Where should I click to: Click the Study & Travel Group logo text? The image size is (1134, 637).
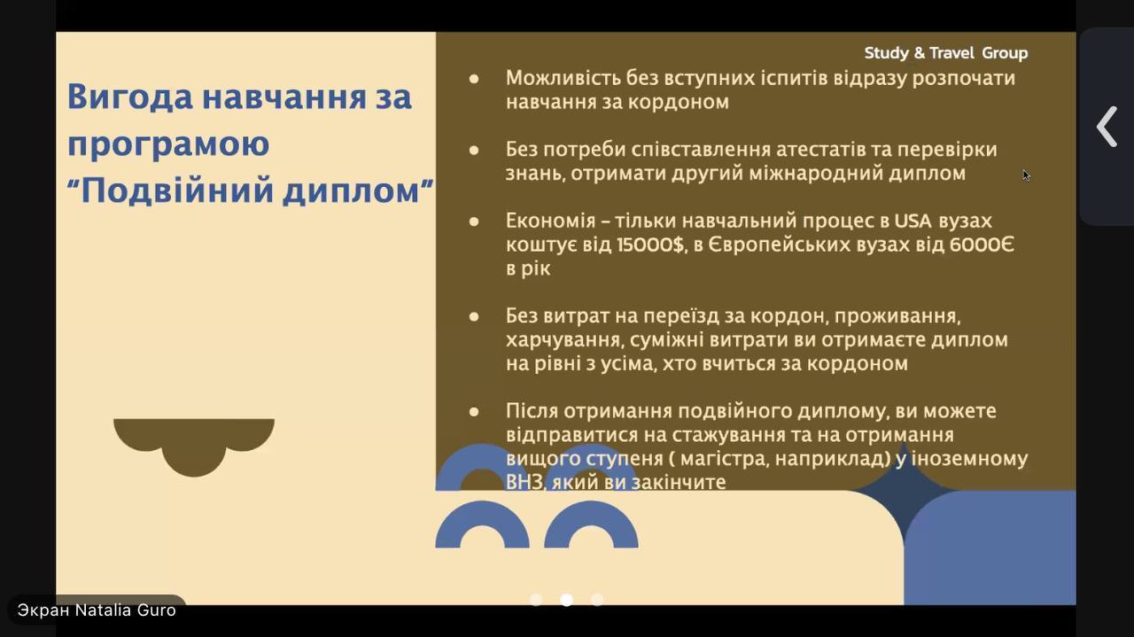click(945, 52)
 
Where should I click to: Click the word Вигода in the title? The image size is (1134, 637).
click(130, 97)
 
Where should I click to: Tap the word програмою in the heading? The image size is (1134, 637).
click(168, 144)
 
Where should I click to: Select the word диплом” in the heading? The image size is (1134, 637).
click(358, 191)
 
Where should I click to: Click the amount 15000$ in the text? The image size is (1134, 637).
click(651, 245)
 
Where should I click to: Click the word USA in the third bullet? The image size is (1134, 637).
click(913, 221)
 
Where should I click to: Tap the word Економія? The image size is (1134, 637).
click(551, 221)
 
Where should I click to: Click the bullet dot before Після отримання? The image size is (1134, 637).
click(474, 412)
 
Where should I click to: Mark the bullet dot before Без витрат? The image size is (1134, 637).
click(474, 317)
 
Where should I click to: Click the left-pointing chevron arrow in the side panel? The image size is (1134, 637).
click(1107, 127)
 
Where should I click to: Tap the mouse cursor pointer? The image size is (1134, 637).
click(1026, 175)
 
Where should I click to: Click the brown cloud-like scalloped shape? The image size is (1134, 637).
click(194, 446)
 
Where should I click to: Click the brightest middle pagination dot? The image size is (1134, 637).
click(566, 600)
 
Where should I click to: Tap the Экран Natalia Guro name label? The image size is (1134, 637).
click(97, 610)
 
